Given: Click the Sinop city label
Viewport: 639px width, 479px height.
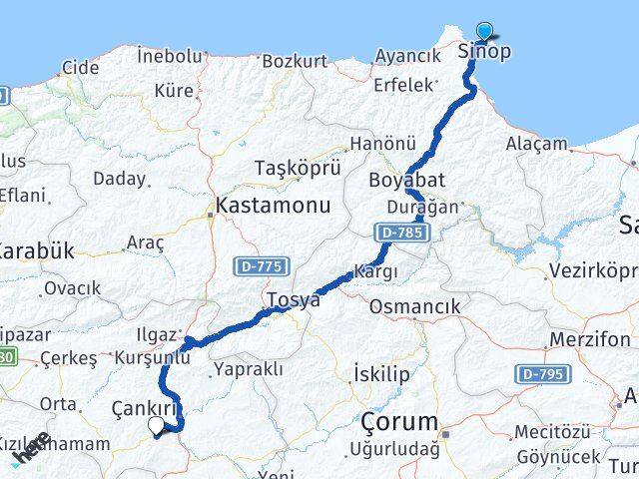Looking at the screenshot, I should pos(484,50).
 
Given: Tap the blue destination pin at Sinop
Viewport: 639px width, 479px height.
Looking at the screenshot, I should pos(484,32).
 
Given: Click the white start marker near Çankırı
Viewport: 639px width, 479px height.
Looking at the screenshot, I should pos(157,426).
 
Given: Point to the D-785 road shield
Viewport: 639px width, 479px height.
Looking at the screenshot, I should pos(403,233).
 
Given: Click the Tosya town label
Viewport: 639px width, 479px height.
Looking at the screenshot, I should pos(294,299).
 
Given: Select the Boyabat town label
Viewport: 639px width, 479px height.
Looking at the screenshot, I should pos(406,181).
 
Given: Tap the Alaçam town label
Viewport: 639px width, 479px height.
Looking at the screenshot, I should pos(536,145).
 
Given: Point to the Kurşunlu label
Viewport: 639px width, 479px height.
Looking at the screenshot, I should pos(152,357).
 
